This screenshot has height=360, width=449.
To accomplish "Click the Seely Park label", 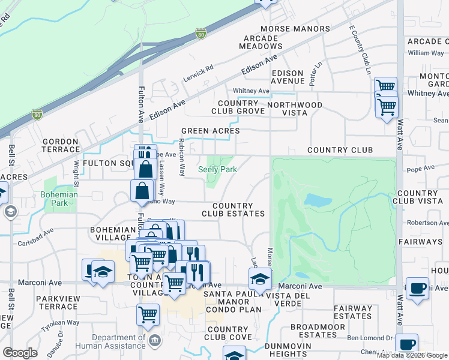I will pyautogui.click(x=218, y=170).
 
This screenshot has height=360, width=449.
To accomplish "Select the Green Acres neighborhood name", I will pyautogui.click(x=211, y=131).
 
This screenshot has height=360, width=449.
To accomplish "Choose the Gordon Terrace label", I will pyautogui.click(x=61, y=145).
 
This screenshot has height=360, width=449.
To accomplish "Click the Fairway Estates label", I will pyautogui.click(x=353, y=312).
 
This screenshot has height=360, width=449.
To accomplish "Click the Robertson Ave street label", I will pyautogui.click(x=427, y=223).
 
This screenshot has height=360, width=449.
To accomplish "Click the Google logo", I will pyautogui.click(x=20, y=353).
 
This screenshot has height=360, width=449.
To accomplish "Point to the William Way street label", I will pyautogui.click(x=426, y=53).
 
